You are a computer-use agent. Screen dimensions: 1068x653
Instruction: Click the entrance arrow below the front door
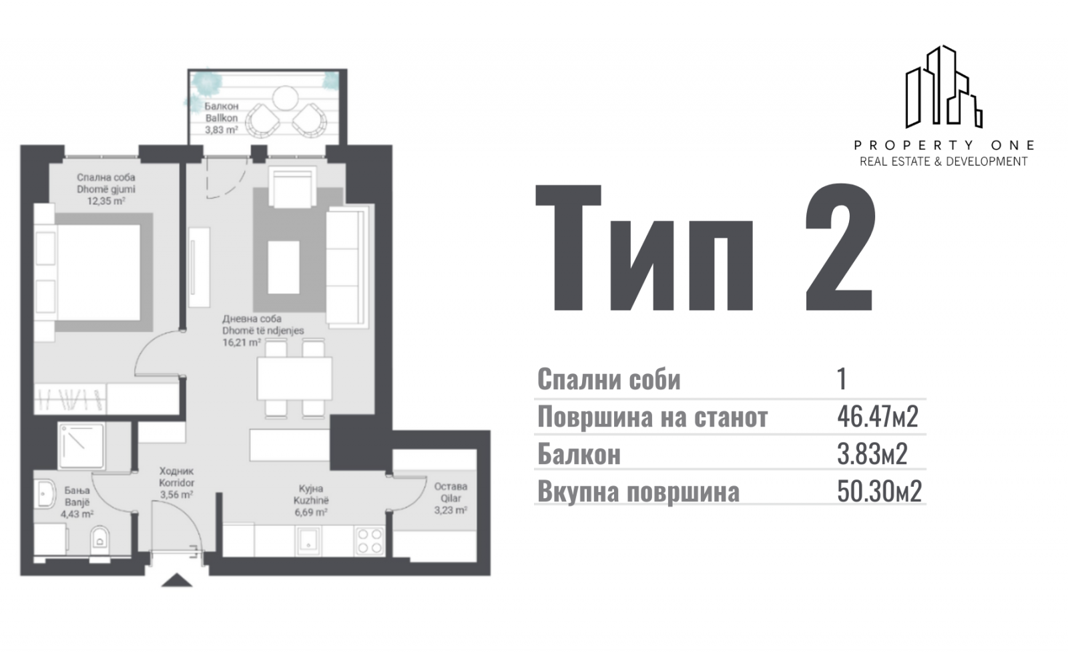point(177,580)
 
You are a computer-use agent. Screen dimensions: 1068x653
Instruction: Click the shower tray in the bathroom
point(81,446)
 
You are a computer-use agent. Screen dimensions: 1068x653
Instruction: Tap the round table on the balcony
point(285,98)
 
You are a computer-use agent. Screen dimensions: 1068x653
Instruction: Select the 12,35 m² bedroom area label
point(106,201)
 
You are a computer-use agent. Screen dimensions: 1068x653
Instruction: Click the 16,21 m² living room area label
point(241,342)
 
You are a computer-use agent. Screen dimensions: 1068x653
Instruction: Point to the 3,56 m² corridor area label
point(176,495)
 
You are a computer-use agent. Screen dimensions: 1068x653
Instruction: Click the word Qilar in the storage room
point(451,499)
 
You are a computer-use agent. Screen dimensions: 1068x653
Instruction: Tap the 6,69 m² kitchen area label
point(311,513)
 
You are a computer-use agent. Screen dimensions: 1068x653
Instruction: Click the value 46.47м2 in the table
point(877,417)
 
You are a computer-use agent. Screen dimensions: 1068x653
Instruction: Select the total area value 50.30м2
point(879,491)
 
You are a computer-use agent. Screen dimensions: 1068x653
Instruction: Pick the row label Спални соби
point(609,380)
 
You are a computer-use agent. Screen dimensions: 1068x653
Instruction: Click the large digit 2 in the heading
point(840,247)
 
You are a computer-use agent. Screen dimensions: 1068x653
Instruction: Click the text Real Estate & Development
point(944,162)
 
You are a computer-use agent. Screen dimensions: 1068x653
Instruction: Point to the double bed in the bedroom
point(93,272)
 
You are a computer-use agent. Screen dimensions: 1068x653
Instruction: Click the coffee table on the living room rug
point(284,267)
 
